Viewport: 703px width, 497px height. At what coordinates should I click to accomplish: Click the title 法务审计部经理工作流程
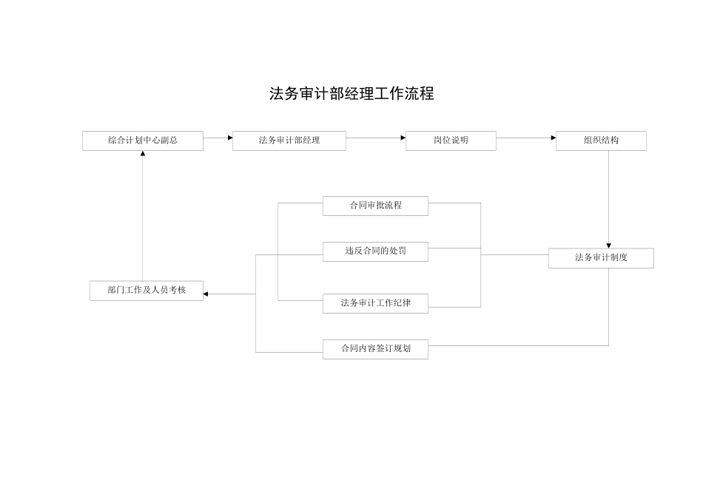coord(351,94)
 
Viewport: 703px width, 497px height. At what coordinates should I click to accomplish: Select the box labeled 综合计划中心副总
coord(143,141)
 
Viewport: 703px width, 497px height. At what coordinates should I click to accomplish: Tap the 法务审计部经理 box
coord(289,141)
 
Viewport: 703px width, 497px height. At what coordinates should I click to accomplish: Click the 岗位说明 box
coord(451,141)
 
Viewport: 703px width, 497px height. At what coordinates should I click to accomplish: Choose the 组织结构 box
coord(601,141)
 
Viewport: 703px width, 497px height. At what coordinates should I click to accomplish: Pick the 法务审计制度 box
coord(601,258)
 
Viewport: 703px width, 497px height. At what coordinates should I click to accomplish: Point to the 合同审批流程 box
coord(375,206)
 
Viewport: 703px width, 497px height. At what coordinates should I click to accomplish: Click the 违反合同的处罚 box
coord(375,251)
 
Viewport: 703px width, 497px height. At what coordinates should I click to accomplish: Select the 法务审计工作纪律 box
coord(375,303)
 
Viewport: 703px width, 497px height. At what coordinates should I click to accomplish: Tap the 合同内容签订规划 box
coord(375,349)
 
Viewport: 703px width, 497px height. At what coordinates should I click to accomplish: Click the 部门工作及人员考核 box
coord(147,291)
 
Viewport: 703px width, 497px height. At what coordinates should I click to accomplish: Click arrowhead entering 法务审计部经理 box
coord(229,138)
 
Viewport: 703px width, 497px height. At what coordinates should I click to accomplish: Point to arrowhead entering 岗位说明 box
coord(403,138)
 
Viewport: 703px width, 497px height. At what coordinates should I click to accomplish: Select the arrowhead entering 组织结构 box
coord(553,138)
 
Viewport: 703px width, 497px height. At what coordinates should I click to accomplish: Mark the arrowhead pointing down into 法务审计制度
coord(608,245)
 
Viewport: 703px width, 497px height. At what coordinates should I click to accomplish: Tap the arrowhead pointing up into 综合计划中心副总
coord(143,154)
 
